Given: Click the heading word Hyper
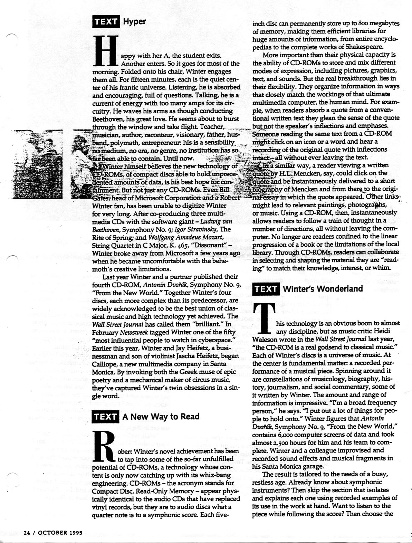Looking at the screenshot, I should tap(135, 22).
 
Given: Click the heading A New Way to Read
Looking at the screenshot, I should tap(161, 416).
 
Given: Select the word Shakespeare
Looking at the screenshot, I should tap(369, 47).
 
